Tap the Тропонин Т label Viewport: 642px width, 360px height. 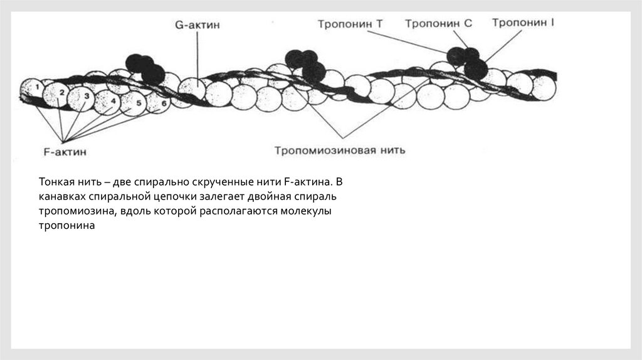coord(350,24)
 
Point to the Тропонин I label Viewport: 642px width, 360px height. coord(523,23)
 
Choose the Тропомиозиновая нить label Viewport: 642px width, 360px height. coord(339,151)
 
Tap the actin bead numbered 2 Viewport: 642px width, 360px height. coord(61,93)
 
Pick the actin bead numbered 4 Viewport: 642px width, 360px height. coord(113,100)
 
